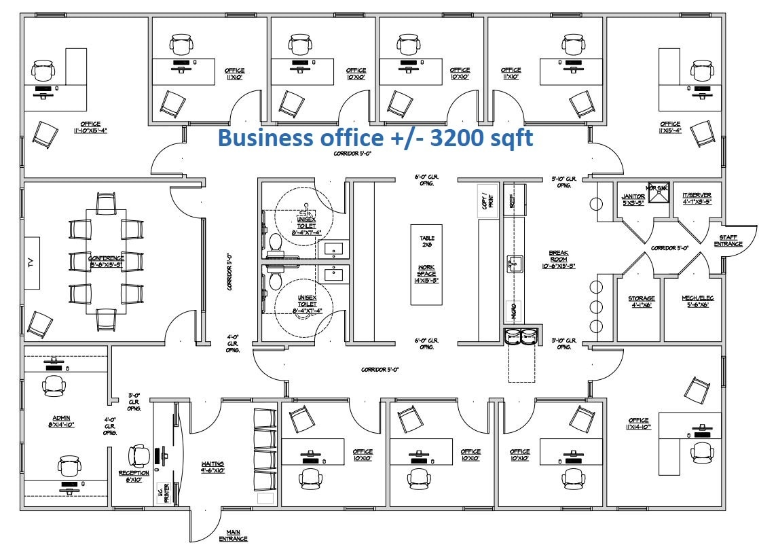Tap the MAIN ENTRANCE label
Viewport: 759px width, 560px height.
233,536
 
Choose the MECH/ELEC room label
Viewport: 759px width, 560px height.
698,301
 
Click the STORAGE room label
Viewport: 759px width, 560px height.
641,301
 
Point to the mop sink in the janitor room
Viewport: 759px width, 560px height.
659,193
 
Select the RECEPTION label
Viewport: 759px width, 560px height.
134,476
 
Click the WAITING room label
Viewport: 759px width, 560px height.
212,467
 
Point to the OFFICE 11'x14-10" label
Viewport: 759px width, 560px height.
639,423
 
